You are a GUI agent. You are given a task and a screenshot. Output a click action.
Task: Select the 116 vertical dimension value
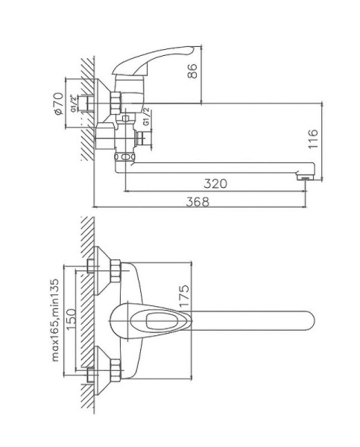click(x=314, y=139)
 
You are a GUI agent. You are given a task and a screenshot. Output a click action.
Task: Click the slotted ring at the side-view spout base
click(x=125, y=158)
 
